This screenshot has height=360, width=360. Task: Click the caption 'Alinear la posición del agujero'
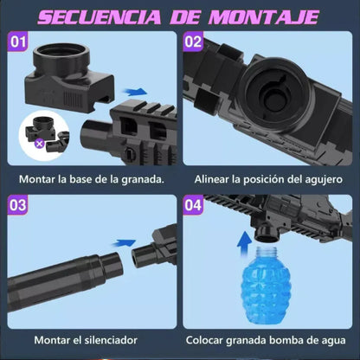(x=268, y=177)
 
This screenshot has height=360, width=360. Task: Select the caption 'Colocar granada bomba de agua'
(x=268, y=341)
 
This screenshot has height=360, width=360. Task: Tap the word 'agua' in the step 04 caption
(x=331, y=341)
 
